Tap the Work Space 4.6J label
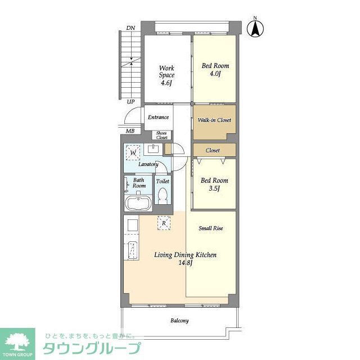[166, 75]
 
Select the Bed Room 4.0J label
[215, 69]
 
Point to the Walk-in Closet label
[214, 120]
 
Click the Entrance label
[158, 118]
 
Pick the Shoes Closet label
[162, 135]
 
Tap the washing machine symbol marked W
[133, 152]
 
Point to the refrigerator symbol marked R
[163, 223]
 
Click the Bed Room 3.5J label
[214, 184]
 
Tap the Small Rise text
[211, 228]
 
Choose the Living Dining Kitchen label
[185, 259]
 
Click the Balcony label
[179, 321]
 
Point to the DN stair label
[130, 28]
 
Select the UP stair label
[130, 102]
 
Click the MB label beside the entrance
[130, 131]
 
